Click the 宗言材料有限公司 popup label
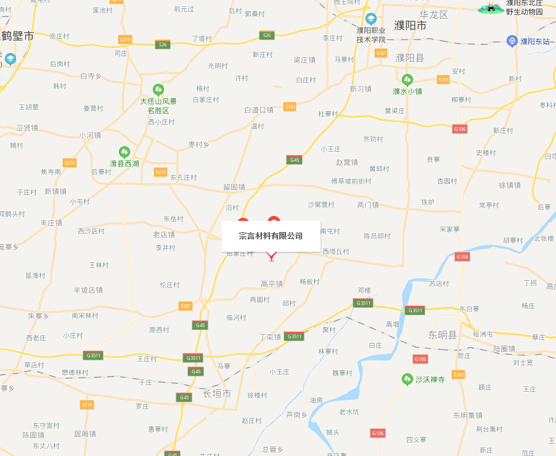click(x=271, y=236)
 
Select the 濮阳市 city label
click(x=411, y=26)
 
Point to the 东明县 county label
click(x=443, y=335)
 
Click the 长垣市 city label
click(x=216, y=393)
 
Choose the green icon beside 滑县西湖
click(x=125, y=152)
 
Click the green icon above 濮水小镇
click(x=407, y=80)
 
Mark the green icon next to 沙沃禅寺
click(x=407, y=379)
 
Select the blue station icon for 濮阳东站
click(x=512, y=41)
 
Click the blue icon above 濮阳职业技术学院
click(x=370, y=19)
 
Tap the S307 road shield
click(x=186, y=305)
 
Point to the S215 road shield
click(x=161, y=172)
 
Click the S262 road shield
click(x=458, y=375)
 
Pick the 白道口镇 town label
click(x=258, y=110)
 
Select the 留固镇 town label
click(x=234, y=186)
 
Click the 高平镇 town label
click(x=271, y=284)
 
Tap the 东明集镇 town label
click(x=468, y=415)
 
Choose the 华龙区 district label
click(x=433, y=14)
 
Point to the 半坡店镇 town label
click(x=88, y=289)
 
